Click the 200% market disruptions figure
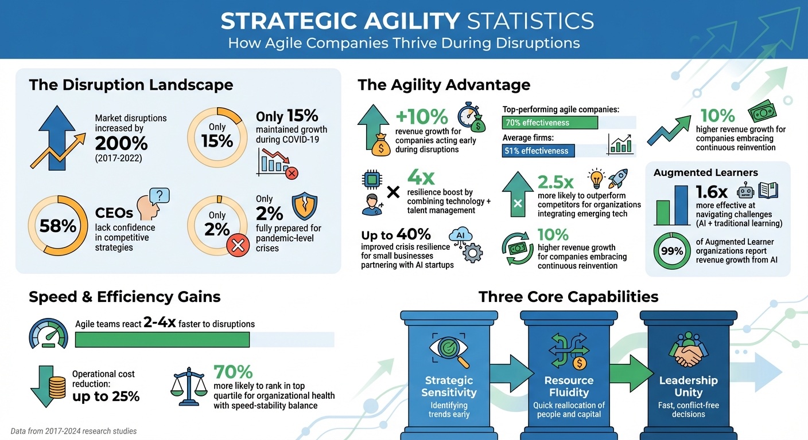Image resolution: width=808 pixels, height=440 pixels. coord(121,143)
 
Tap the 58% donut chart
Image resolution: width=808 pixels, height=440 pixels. coord(58,226)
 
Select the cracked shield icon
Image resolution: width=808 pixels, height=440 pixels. coord(304,207)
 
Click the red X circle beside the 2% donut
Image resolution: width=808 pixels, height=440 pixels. coord(237,246)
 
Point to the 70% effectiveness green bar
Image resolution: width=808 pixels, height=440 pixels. coord(550,123)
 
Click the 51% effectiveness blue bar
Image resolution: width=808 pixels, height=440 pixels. coord(538,151)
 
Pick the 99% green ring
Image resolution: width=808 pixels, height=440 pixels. coord(671,251)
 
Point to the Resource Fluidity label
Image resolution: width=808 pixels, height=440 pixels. coord(569,386)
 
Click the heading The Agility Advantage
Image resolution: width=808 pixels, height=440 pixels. coord(444,85)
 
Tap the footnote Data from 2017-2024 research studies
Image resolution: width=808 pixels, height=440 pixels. coord(74,431)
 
